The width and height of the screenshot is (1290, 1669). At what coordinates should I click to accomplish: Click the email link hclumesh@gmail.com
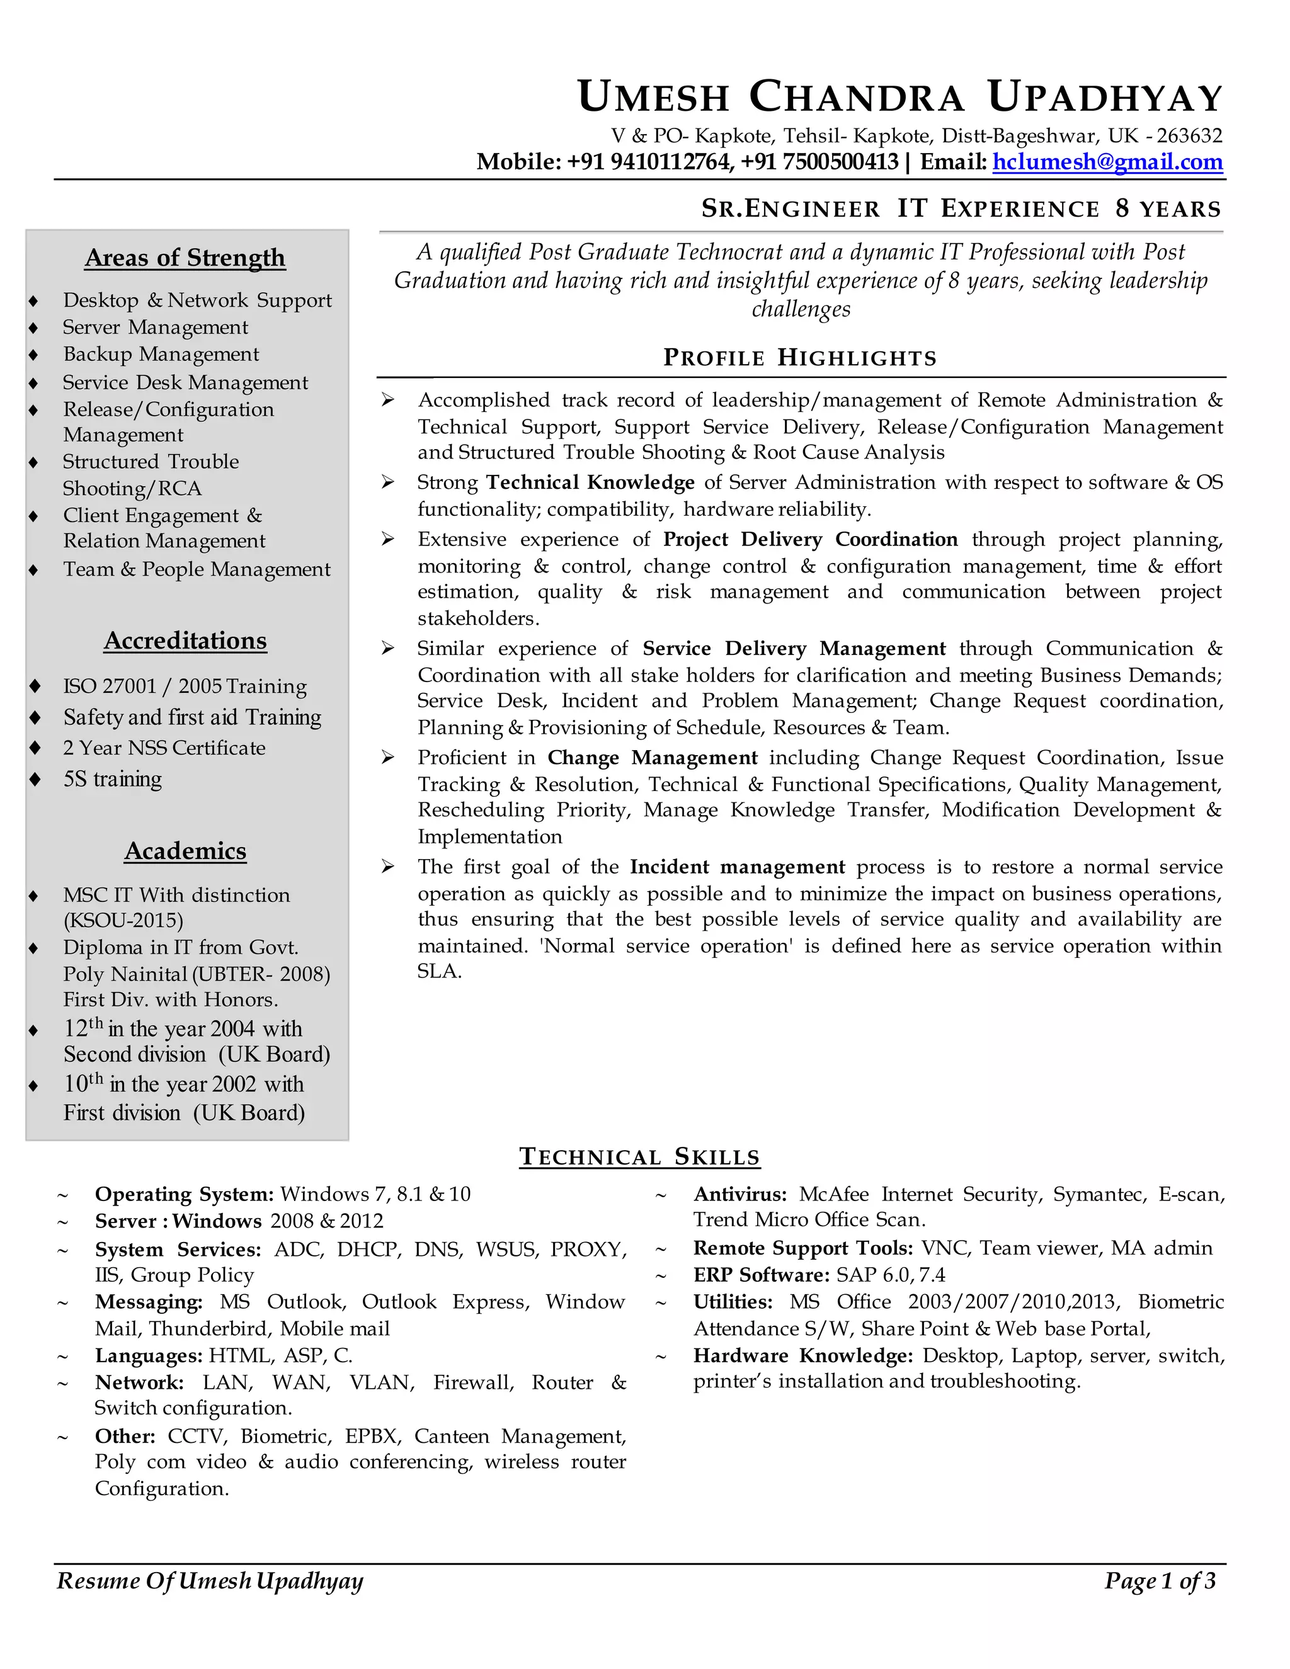[x=1107, y=162]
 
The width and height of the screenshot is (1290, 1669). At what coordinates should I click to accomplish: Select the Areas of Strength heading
[x=185, y=258]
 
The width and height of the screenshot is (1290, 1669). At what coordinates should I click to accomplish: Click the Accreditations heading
[x=185, y=641]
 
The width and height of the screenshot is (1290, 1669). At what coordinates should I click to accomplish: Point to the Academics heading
[x=185, y=850]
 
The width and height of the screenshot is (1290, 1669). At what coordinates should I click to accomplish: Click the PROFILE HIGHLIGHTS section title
[x=799, y=358]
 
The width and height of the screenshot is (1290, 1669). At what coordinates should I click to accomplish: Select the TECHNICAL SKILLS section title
[x=640, y=1156]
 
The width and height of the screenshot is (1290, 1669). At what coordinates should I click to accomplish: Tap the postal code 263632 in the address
[x=1189, y=136]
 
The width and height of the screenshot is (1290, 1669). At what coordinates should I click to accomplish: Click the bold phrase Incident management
[x=737, y=867]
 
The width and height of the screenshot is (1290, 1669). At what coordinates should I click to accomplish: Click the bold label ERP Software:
[x=761, y=1275]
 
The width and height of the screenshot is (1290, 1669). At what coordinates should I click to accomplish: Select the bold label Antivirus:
[x=739, y=1194]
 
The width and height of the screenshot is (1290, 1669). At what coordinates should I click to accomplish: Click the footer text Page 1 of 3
[x=1160, y=1580]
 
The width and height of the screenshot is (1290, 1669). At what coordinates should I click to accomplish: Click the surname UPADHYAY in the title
[x=1105, y=98]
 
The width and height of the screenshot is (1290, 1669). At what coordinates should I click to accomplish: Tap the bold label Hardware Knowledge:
[x=802, y=1356]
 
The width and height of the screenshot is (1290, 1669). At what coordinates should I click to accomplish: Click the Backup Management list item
[x=161, y=355]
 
